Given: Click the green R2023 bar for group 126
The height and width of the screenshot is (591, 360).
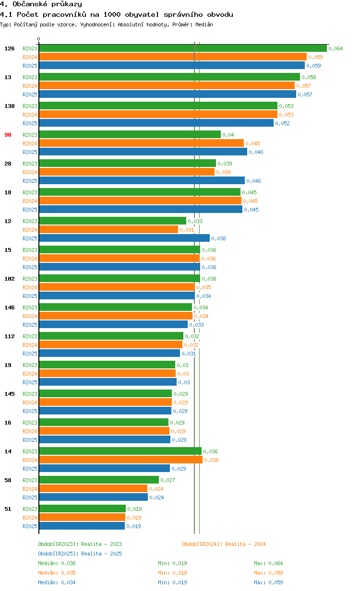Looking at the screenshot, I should click(x=182, y=48).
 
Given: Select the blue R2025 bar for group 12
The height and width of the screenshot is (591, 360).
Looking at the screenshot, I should click(x=124, y=238).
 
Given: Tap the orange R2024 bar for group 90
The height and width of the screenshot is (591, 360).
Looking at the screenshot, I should click(x=141, y=143).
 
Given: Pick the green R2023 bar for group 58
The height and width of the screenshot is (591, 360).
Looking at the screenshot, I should click(x=99, y=480).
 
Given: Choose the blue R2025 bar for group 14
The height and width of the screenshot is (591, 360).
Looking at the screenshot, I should click(x=104, y=468).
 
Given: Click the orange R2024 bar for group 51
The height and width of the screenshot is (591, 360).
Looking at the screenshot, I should click(x=82, y=517).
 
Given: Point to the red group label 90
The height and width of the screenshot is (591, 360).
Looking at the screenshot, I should click(x=8, y=135).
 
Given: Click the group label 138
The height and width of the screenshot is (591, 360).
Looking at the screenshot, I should click(x=9, y=106).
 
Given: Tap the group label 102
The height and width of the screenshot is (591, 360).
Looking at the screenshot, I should click(x=9, y=279).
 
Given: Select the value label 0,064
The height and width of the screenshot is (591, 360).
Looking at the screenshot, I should click(x=336, y=48).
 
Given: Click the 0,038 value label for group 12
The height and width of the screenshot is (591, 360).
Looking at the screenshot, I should click(x=218, y=238).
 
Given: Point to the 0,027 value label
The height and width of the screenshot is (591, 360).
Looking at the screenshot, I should click(x=168, y=480).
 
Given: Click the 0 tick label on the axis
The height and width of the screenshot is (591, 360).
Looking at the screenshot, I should click(x=39, y=39).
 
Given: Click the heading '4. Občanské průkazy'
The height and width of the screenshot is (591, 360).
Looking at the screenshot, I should click(x=41, y=4).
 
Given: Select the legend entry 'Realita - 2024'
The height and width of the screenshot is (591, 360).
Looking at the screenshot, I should click(x=224, y=544).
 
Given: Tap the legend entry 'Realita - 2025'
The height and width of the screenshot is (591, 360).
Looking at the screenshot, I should click(x=80, y=554).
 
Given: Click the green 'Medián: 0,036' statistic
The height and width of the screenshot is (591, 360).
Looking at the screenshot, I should click(x=57, y=563).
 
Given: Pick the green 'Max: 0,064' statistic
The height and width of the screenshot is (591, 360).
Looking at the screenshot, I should click(x=268, y=563).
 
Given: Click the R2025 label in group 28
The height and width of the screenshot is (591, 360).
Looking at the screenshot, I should click(x=30, y=181).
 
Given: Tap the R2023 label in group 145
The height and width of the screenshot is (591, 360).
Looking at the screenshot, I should click(x=30, y=394).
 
